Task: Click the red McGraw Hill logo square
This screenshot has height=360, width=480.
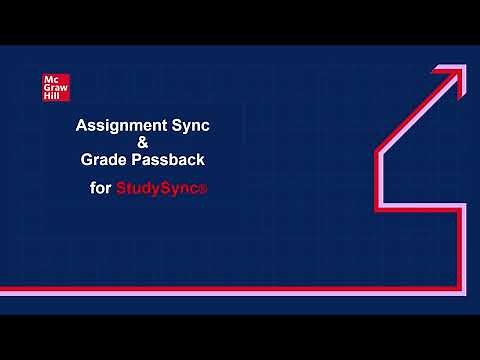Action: [55, 87]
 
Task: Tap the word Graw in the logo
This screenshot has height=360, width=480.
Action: [56, 88]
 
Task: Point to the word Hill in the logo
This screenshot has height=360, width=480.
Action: [53, 95]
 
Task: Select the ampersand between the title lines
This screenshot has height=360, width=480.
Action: [142, 143]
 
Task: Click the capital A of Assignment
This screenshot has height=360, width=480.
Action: [83, 127]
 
